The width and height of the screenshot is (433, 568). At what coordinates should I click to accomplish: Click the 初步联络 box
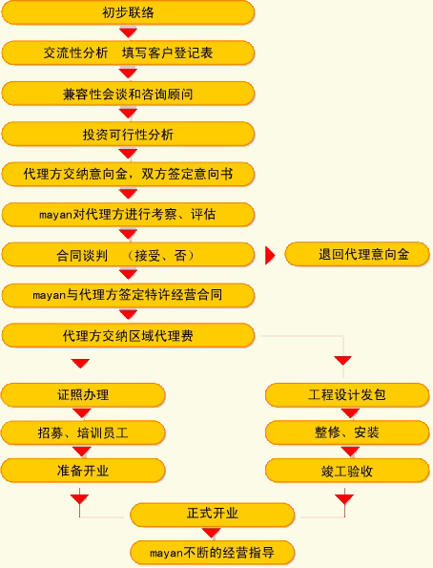click(128, 12)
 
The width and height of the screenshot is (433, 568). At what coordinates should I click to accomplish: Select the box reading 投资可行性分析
click(128, 135)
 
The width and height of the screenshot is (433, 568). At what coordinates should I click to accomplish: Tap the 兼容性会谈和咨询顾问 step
click(128, 94)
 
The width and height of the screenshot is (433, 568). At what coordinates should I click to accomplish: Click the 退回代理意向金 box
click(357, 254)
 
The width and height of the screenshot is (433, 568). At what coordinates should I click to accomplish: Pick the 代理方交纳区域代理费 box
click(128, 336)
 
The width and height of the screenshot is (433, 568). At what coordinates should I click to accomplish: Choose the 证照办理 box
click(83, 395)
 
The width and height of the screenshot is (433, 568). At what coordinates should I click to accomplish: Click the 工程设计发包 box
click(347, 395)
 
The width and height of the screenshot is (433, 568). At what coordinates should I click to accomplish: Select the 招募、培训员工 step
click(83, 432)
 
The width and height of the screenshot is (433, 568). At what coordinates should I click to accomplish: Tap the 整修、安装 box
click(347, 432)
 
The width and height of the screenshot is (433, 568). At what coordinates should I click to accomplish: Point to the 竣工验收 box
click(347, 471)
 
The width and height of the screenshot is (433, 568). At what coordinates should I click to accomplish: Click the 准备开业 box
click(83, 471)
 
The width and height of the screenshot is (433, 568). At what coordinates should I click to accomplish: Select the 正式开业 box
click(212, 515)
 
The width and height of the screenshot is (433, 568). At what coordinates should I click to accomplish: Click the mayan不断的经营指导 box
click(212, 553)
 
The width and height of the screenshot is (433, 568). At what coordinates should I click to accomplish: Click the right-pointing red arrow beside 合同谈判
click(270, 256)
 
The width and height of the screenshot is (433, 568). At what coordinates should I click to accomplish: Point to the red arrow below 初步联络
click(128, 32)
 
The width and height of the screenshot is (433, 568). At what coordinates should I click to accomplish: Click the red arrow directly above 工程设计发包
click(342, 361)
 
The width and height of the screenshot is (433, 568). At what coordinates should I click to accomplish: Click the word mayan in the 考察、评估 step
click(55, 215)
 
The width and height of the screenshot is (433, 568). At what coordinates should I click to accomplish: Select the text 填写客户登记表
click(167, 53)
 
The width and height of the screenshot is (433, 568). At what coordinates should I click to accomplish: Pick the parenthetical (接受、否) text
click(161, 256)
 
